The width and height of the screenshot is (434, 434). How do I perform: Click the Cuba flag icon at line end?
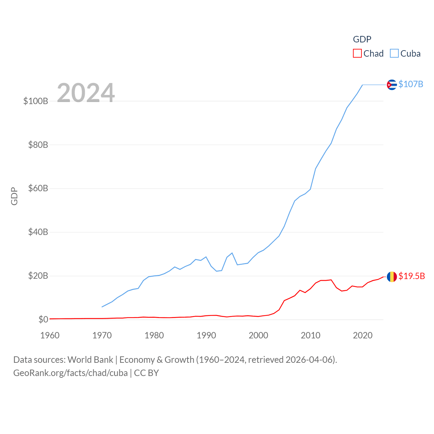pyautogui.click(x=392, y=84)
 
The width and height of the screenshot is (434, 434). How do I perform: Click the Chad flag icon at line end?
pyautogui.click(x=392, y=277)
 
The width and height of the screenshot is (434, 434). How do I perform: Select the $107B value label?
pyautogui.click(x=411, y=84)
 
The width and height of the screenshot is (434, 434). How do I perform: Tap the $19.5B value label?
pyautogui.click(x=411, y=276)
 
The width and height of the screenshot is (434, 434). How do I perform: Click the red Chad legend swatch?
pyautogui.click(x=357, y=54)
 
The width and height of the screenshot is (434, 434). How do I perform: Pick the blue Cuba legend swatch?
pyautogui.click(x=394, y=54)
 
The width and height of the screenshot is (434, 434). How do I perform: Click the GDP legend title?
pyautogui.click(x=362, y=39)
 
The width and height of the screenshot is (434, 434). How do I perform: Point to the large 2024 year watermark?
pyautogui.click(x=86, y=93)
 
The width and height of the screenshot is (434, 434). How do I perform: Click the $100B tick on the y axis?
pyautogui.click(x=36, y=101)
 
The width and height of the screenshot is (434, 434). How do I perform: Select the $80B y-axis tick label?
pyautogui.click(x=38, y=145)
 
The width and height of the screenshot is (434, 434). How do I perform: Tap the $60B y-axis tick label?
pyautogui.click(x=38, y=188)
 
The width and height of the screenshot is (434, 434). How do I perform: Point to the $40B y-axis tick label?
pyautogui.click(x=38, y=232)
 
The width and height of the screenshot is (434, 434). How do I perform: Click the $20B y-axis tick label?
pyautogui.click(x=38, y=276)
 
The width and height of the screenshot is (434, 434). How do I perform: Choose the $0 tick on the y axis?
pyautogui.click(x=43, y=319)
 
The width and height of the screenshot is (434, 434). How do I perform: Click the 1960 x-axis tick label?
pyautogui.click(x=50, y=335)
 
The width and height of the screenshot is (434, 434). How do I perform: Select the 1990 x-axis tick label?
pyautogui.click(x=206, y=335)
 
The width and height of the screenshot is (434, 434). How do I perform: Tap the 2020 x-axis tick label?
pyautogui.click(x=362, y=335)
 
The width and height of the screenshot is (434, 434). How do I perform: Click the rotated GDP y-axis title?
pyautogui.click(x=14, y=196)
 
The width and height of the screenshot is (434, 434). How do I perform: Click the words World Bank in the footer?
pyautogui.click(x=90, y=359)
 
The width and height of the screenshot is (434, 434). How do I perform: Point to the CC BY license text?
pyautogui.click(x=146, y=373)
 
